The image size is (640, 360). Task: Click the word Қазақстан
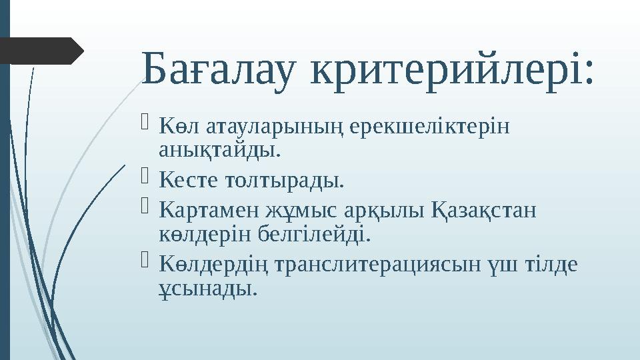[x=484, y=211]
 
